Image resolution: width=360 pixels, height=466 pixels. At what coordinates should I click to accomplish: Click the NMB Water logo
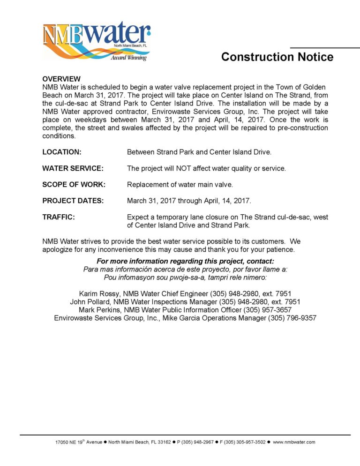(96, 41)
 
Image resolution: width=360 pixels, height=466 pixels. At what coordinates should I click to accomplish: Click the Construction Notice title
(277, 57)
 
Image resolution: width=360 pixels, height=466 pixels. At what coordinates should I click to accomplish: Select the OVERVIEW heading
(61, 79)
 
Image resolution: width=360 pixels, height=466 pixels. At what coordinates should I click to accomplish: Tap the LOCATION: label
(62, 152)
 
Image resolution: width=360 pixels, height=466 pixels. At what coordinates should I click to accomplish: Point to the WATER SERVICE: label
(73, 168)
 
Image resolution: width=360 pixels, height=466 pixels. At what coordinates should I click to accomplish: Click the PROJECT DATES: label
(73, 201)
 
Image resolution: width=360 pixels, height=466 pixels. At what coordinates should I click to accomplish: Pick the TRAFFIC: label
(59, 217)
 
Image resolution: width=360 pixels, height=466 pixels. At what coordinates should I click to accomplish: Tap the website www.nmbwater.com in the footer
(294, 442)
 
